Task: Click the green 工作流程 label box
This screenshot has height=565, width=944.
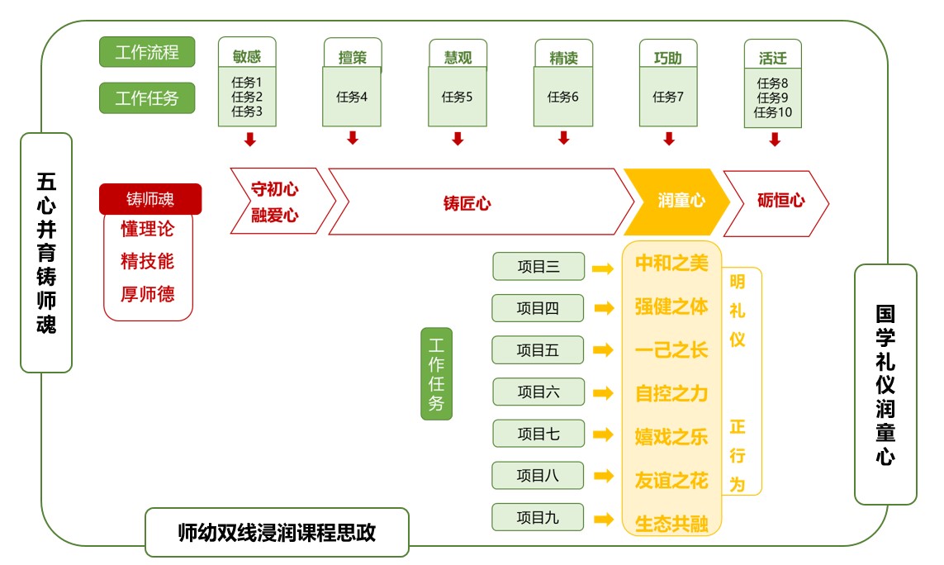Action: click(x=147, y=53)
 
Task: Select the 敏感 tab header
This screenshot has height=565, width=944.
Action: click(x=247, y=57)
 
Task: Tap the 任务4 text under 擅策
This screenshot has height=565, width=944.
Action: click(x=352, y=97)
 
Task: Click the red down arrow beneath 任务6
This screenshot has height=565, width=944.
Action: click(x=563, y=138)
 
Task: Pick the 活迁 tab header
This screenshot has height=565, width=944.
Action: click(x=773, y=58)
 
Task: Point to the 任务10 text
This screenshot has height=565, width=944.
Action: click(x=773, y=112)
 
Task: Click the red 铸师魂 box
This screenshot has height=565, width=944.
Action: click(x=150, y=199)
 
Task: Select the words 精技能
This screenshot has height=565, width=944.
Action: click(x=148, y=261)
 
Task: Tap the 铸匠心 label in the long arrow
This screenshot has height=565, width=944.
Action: click(x=467, y=203)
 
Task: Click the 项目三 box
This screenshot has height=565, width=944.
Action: click(x=538, y=266)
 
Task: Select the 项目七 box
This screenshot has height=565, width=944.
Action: click(x=538, y=434)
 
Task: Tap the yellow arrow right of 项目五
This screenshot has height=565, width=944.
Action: click(x=604, y=350)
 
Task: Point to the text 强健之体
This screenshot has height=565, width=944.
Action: click(x=671, y=306)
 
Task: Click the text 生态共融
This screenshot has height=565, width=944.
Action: click(x=671, y=525)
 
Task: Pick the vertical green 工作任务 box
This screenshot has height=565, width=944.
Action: click(x=437, y=373)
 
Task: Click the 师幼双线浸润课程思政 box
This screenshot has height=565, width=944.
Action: click(x=277, y=533)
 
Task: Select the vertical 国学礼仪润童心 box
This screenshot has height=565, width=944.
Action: click(x=885, y=384)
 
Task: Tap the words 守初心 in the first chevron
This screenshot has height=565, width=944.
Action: click(x=274, y=189)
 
